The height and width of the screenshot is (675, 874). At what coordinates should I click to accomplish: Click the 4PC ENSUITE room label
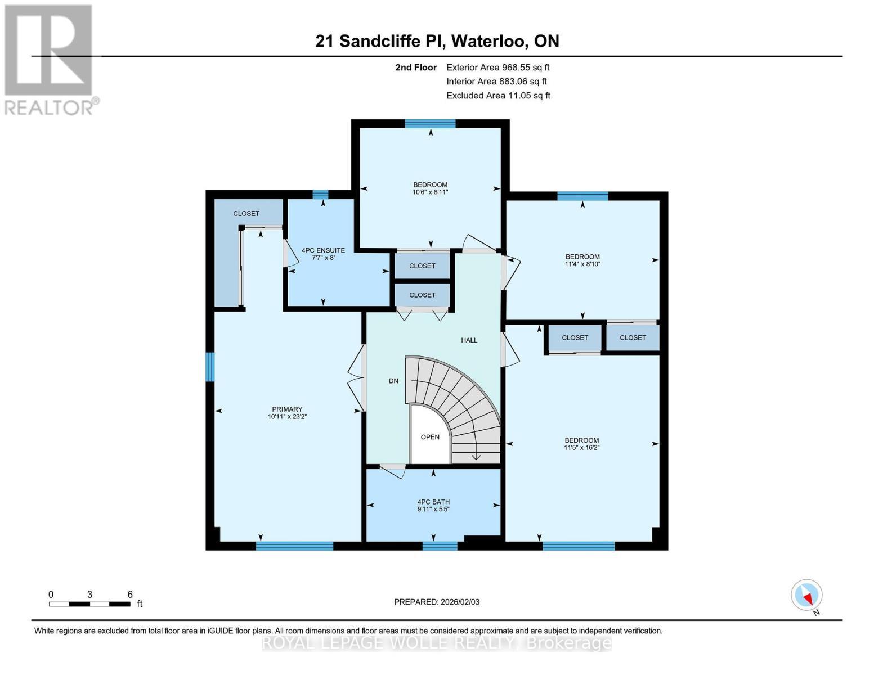pos(323,250)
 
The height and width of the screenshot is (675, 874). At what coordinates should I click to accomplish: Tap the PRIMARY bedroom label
pos(287,409)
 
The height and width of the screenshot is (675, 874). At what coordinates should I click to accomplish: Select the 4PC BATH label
pos(433,502)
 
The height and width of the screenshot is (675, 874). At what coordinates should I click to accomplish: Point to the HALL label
pos(469,340)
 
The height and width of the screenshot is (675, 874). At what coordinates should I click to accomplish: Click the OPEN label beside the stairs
pos(430,437)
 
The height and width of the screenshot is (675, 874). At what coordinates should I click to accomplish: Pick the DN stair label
pos(393,381)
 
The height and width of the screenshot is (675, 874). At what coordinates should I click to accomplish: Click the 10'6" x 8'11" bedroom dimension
pos(431,192)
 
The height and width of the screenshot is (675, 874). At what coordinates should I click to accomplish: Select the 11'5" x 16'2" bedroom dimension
pos(582,448)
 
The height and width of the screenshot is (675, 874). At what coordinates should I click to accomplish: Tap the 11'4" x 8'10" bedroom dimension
pos(582,264)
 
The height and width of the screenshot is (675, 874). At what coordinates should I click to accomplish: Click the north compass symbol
pos(807,595)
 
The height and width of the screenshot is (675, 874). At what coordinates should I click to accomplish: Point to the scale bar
pos(90,604)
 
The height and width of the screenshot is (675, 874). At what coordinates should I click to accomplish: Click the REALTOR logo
pos(50,59)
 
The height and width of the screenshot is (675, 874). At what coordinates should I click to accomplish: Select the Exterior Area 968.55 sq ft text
pos(497,67)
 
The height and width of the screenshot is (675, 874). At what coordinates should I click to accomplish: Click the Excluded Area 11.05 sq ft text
pos(498,96)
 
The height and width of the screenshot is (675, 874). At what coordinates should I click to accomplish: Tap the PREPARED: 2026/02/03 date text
pos(437,602)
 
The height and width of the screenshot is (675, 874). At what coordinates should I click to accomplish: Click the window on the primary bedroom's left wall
pos(209,367)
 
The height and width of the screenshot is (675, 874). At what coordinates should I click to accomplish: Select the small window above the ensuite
pos(320,195)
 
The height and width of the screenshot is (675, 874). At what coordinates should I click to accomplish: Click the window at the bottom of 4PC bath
pos(440,545)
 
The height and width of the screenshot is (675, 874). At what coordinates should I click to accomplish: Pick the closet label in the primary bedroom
pos(246,214)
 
